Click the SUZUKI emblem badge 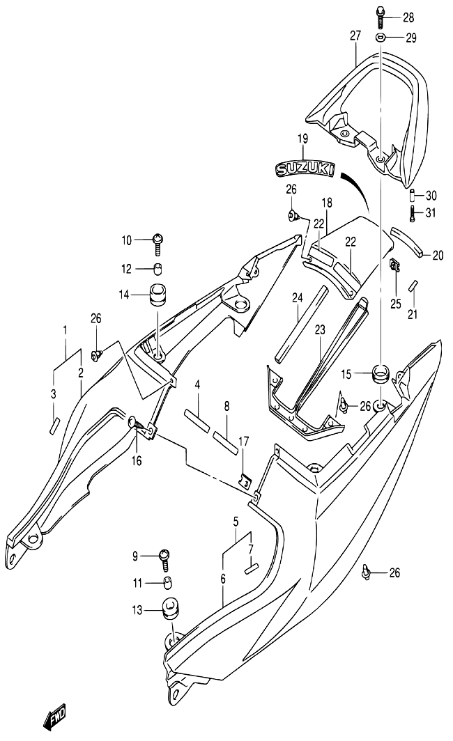tap(305, 169)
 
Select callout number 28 tap(408, 18)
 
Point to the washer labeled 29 tap(381, 38)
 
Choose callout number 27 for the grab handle tap(355, 35)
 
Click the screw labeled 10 tap(158, 243)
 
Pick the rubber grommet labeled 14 tap(158, 295)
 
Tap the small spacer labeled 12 tap(158, 269)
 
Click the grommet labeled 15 tap(381, 373)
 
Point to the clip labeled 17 tap(244, 480)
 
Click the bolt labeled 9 tap(164, 559)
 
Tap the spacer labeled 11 tap(167, 583)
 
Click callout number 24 tap(297, 298)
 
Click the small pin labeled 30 tap(413, 195)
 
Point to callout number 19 tap(302, 139)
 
